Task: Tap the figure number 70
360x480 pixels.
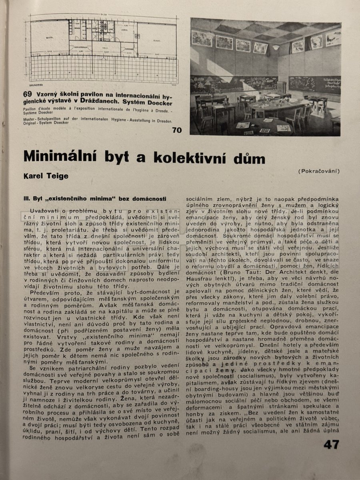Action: [x=177, y=130]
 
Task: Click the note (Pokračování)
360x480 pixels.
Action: [x=319, y=171]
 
